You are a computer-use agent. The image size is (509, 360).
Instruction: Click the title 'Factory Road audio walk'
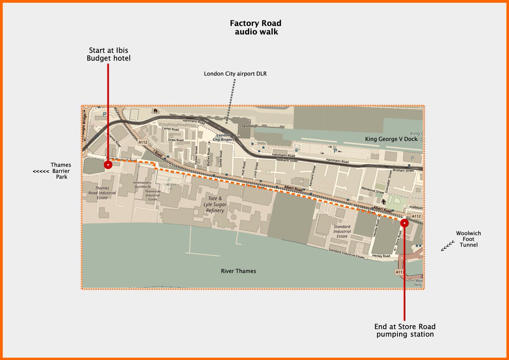tap(255, 27)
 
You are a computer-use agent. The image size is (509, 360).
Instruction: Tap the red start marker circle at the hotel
tap(108, 165)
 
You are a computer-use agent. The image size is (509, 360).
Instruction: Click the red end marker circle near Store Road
tap(404, 222)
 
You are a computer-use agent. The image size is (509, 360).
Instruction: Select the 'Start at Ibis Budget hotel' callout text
tap(109, 54)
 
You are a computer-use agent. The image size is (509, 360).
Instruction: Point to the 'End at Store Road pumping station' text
tap(405, 330)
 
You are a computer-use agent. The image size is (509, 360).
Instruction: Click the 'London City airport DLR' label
tap(235, 74)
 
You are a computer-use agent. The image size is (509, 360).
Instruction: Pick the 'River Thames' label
tap(238, 271)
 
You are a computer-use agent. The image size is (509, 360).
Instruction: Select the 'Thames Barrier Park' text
tap(61, 171)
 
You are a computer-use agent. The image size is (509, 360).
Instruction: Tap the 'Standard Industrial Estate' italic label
tap(342, 231)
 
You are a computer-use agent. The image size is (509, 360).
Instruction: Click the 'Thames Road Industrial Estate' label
tap(102, 193)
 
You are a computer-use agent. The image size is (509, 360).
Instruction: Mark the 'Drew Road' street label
tap(176, 140)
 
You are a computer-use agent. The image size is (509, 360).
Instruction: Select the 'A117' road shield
tap(400, 272)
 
